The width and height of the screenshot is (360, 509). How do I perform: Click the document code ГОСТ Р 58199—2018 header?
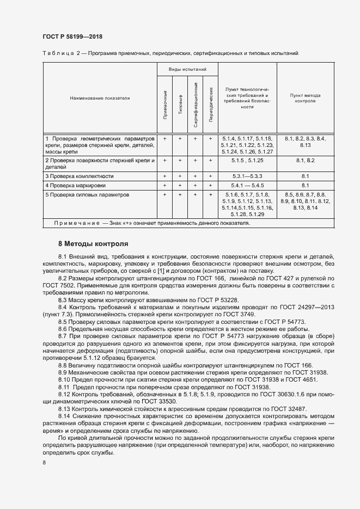(72, 36)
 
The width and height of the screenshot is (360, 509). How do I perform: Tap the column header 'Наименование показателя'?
(100, 99)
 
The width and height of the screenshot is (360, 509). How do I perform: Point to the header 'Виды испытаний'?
(187, 70)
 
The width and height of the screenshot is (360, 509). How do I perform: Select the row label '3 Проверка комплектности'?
(80, 176)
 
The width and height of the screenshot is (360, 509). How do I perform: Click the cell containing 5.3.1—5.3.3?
(247, 176)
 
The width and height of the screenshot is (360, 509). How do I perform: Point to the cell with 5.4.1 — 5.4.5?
(247, 186)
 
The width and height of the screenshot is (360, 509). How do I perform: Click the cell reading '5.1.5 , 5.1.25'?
(247, 161)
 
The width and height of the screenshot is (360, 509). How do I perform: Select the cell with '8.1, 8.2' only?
(305, 161)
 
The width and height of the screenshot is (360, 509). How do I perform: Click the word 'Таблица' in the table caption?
(57, 53)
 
